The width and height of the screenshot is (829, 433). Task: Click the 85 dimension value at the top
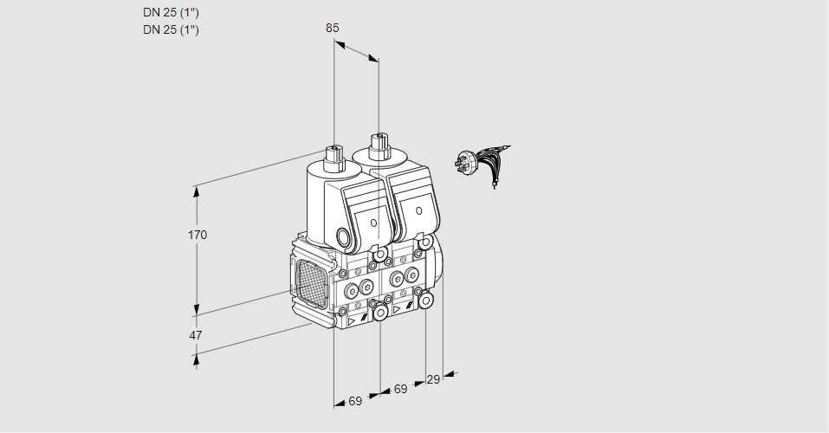333,28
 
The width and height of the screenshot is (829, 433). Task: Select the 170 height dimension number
199,235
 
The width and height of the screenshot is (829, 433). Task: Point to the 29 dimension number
433,379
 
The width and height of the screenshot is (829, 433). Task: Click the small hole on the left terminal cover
374,223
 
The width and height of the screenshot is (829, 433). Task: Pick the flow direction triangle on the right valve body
397,308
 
